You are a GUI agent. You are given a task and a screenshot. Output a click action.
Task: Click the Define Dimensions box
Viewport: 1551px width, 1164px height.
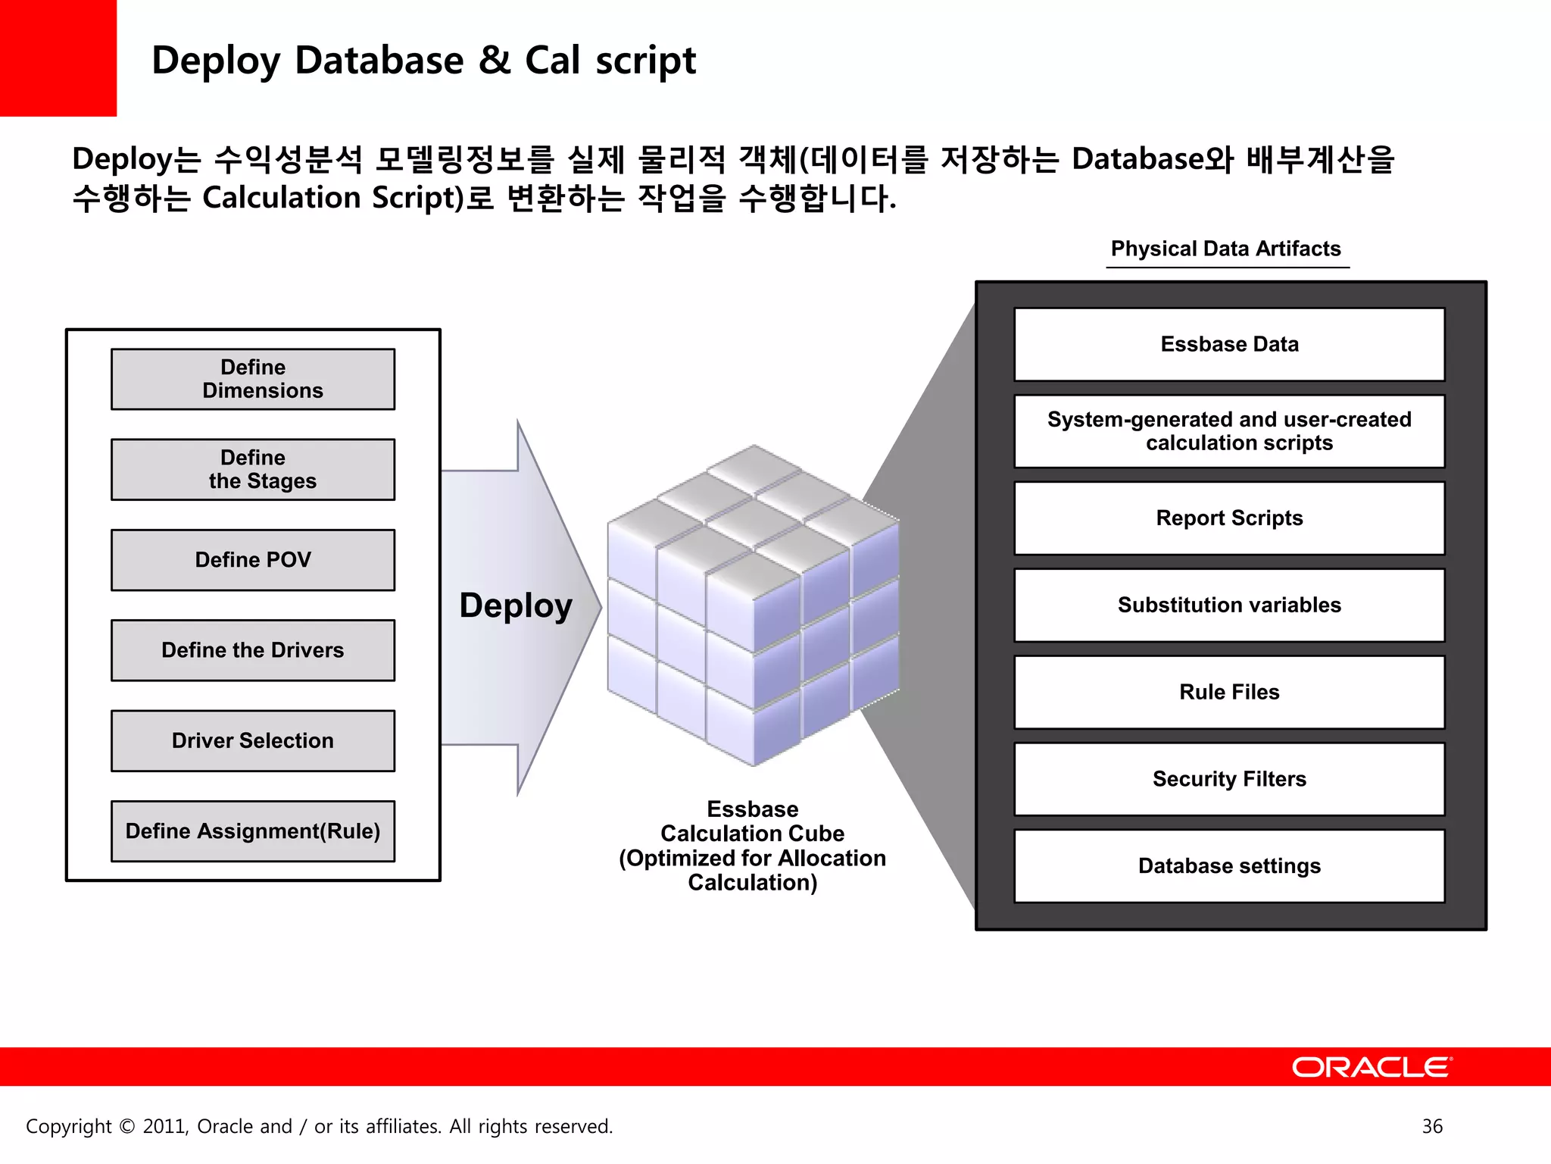coord(253,379)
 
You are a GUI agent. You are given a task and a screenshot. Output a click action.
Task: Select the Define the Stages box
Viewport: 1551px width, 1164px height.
coord(253,469)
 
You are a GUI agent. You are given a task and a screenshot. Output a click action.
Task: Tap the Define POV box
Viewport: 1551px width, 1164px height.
coord(253,560)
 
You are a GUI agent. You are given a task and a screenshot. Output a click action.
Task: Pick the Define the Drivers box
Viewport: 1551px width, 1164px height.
coord(253,650)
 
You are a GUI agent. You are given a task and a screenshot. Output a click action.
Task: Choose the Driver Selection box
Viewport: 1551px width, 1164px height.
coord(253,740)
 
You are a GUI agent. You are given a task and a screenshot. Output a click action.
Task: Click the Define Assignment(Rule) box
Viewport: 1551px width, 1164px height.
coord(253,831)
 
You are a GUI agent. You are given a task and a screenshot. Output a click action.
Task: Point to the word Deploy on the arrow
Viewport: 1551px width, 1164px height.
coord(516,606)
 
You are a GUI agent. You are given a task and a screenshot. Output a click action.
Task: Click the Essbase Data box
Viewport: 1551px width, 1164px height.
coord(1229,344)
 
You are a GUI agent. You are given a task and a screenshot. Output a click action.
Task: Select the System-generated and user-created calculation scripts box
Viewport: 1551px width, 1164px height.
coord(1229,431)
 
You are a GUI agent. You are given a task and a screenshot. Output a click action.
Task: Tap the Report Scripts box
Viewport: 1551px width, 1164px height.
coord(1229,518)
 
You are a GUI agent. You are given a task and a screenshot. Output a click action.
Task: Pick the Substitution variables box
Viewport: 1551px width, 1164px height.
coord(1229,605)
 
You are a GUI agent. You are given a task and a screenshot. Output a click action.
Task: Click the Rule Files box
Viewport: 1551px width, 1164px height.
coord(1229,692)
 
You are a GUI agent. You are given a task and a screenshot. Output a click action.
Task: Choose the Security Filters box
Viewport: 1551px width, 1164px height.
coord(1229,779)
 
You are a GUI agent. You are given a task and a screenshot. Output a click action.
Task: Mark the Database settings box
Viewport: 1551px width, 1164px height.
coord(1229,866)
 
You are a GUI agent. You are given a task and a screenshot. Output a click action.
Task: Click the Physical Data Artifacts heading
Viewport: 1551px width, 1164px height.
coord(1225,249)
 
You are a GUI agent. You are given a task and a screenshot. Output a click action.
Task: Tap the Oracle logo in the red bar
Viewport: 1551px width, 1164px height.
coord(1371,1067)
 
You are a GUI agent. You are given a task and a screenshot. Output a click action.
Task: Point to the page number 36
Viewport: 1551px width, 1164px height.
coord(1432,1126)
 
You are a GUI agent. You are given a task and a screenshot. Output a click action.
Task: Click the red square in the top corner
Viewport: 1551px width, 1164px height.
coord(58,58)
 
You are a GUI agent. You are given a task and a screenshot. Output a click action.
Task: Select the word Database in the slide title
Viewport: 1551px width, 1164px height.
coord(379,61)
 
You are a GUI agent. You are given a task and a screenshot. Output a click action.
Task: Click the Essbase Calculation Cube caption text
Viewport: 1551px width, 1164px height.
coord(752,845)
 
